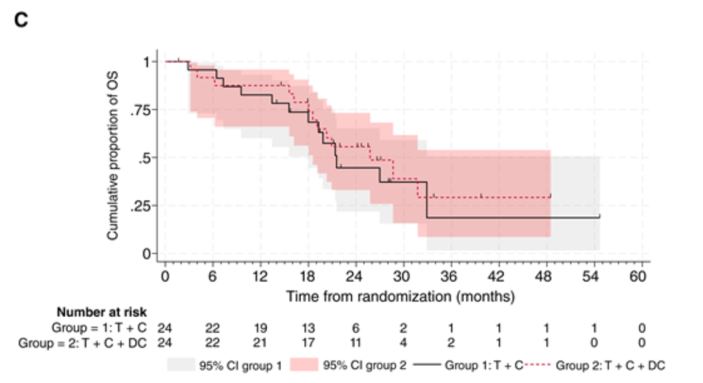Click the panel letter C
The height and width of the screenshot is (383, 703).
pos(21,20)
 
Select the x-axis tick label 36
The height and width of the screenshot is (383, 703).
pos(448,276)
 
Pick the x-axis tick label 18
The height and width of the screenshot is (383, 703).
pos(307,276)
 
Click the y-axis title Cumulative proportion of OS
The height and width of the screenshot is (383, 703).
pos(113,155)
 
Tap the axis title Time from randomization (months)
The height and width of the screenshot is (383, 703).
pos(400,297)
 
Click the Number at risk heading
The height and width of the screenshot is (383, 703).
pos(102,312)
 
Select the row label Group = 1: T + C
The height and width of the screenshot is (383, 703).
pos(99,328)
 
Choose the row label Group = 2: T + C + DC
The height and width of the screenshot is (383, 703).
pos(83,343)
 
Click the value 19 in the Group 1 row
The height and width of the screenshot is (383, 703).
pos(260,328)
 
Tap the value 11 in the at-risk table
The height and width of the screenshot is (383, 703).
pos(355,343)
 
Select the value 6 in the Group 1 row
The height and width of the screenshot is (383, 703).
pos(355,328)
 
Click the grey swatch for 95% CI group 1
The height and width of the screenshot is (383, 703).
pos(181,365)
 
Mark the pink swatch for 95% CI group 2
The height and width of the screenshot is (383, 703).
pos(304,365)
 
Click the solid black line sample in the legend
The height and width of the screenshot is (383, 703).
pos(427,365)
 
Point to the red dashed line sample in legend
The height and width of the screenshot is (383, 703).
pos(538,365)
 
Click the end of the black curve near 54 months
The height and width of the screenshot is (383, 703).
pos(600,217)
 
